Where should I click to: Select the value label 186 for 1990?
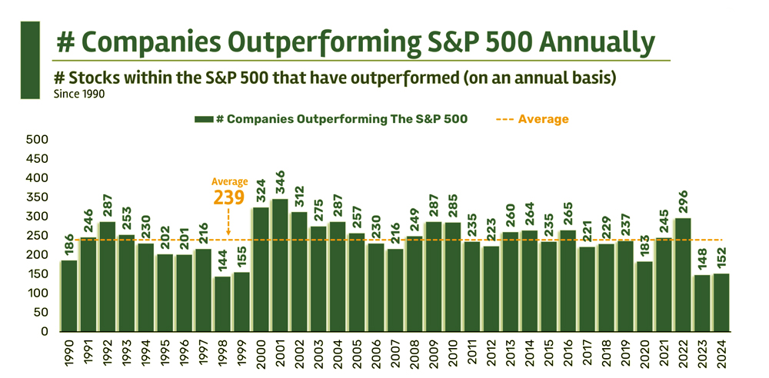click(69, 247)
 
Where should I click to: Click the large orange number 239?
click(229, 197)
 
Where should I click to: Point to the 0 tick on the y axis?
click(45, 332)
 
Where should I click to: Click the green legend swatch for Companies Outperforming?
click(203, 120)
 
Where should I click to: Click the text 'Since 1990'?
click(79, 94)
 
